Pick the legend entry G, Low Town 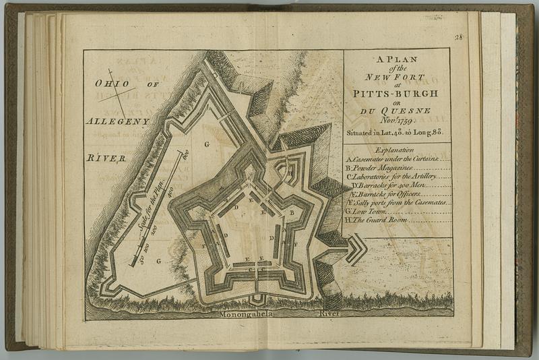368,210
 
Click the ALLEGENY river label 117,121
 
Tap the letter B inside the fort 291,212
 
